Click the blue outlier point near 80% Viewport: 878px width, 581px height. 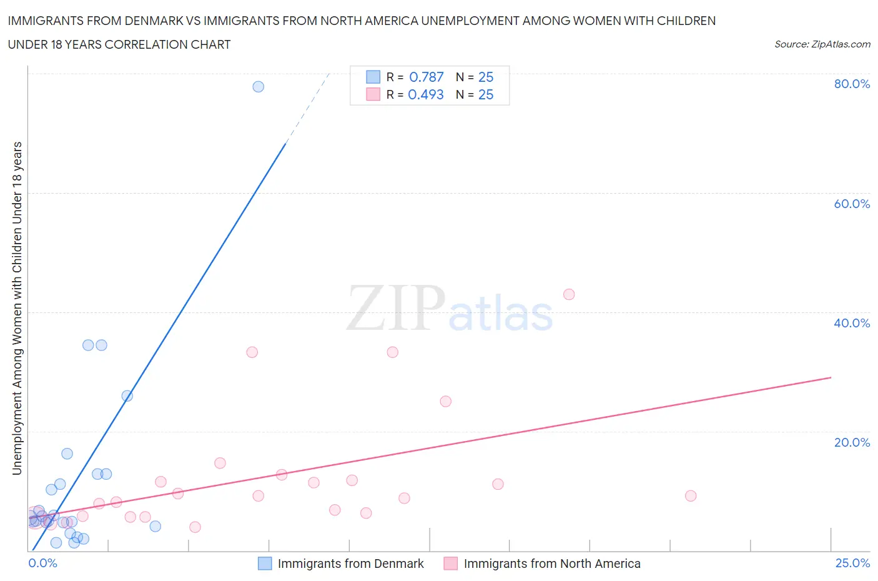point(258,87)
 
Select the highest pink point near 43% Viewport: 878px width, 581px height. point(569,294)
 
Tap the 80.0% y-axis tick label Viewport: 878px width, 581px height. point(852,84)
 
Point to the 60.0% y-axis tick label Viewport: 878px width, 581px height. point(852,204)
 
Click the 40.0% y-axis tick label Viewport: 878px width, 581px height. point(852,323)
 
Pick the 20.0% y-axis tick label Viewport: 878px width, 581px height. point(852,442)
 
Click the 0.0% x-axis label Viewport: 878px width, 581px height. point(42,563)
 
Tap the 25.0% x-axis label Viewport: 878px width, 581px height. point(852,563)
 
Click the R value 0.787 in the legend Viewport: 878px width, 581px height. point(426,77)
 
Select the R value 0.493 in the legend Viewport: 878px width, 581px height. point(425,94)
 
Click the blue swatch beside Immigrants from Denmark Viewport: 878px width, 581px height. point(265,564)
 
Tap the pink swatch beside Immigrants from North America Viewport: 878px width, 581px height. point(450,564)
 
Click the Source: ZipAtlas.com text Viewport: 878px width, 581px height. point(822,44)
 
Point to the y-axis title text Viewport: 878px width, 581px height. point(17,308)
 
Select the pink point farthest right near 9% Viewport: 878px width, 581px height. point(691,496)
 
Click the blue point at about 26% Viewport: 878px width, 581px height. point(127,396)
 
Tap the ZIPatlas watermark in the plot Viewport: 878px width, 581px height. point(450,309)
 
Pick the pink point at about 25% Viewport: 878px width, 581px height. point(445,402)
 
